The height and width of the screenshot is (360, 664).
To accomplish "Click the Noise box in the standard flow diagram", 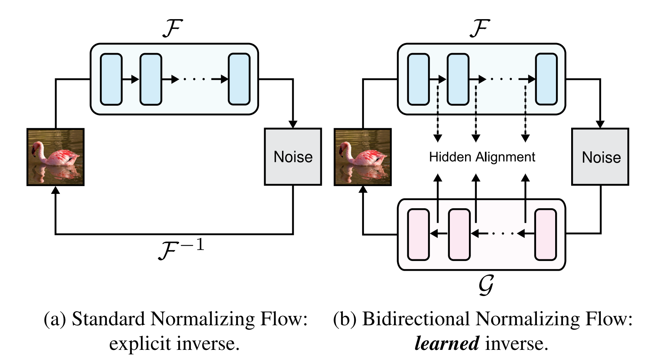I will pos(293,157).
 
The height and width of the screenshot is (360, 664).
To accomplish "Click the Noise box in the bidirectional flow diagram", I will pos(600,157).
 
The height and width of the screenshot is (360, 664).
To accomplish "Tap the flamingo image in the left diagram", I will pos(55,157).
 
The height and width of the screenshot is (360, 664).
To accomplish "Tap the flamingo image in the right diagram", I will pos(363,157).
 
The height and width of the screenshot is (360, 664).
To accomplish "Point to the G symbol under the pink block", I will pos(486,285).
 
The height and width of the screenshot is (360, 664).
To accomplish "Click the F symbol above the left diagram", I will pos(172,28).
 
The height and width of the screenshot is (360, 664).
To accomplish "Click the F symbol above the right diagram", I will pos(479,28).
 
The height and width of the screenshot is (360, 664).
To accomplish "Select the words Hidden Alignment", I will pos(482,157).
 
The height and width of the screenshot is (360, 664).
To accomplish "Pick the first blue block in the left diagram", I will pos(111,79).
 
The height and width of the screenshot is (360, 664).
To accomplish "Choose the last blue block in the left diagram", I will pos(239,79).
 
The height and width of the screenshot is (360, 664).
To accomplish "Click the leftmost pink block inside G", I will pos(418,234).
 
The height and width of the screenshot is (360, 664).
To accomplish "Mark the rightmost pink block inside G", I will pos(545,234).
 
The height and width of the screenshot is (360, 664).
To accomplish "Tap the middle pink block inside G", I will pos(459,234).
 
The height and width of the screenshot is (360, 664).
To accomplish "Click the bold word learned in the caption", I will pos(446,344).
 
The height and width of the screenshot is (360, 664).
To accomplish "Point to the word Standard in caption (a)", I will pos(108,319).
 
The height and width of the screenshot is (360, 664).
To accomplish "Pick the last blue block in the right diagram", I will pos(546,79).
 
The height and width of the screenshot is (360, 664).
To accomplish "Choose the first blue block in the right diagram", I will pos(418,79).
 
